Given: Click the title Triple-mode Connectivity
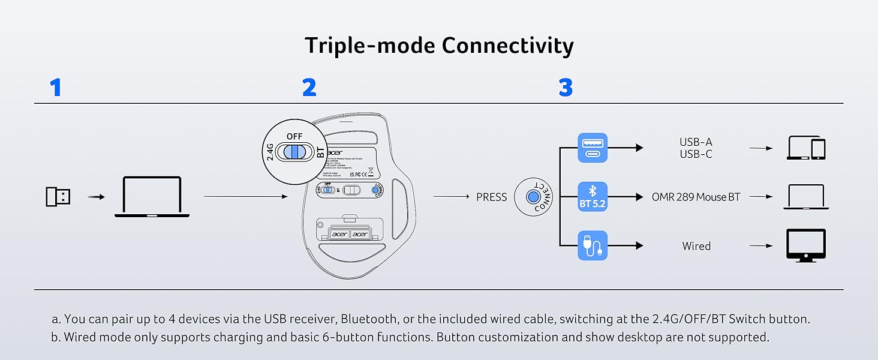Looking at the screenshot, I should click(439, 46).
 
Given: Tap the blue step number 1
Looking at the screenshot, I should click(56, 88).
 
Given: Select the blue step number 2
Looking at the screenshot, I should click(309, 88).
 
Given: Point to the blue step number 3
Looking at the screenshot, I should click(566, 88).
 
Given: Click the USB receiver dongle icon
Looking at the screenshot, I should click(58, 196).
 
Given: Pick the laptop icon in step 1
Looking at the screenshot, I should click(152, 196).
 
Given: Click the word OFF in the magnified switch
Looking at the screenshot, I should click(294, 136).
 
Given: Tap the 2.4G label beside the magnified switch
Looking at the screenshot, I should click(270, 151).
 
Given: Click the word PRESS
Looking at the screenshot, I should click(491, 197).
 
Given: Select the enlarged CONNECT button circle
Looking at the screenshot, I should click(533, 197).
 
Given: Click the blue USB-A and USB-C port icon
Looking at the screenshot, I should click(593, 148).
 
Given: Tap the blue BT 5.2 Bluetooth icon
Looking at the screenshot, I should click(593, 197).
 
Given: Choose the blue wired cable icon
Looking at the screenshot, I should click(593, 245).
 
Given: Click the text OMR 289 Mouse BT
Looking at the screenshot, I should click(696, 197).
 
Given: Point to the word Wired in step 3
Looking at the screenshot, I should click(696, 246).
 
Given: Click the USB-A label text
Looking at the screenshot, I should click(696, 142).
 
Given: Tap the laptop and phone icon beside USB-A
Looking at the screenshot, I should click(805, 148).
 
